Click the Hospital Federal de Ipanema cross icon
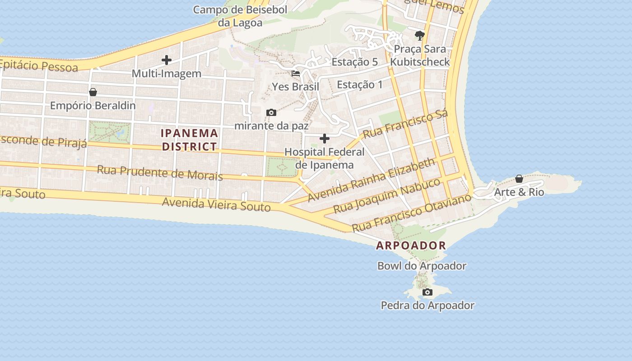click(x=324, y=139)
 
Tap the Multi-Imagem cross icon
click(x=167, y=60)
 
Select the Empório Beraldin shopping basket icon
click(x=93, y=92)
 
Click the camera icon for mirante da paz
click(x=271, y=112)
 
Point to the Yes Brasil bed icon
click(x=296, y=73)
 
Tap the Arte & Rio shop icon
click(x=519, y=179)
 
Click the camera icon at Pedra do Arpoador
click(x=427, y=292)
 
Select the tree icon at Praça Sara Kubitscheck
click(x=420, y=35)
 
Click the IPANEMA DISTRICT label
click(x=190, y=140)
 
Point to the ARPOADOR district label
click(x=411, y=246)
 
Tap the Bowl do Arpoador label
click(x=422, y=266)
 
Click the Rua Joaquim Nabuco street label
click(x=387, y=196)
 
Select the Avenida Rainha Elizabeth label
click(x=372, y=180)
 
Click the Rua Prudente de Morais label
click(x=160, y=173)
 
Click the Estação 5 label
click(x=355, y=62)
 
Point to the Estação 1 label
click(x=360, y=84)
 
